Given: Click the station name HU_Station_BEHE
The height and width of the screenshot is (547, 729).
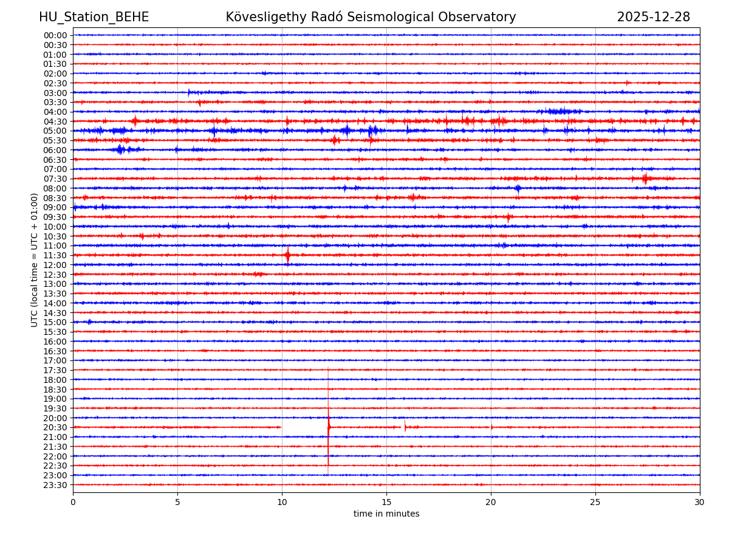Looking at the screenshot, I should coord(94,17).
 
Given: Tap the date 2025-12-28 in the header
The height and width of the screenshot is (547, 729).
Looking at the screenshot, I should coord(653,17).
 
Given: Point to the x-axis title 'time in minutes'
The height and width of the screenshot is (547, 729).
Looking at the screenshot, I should coord(386,514).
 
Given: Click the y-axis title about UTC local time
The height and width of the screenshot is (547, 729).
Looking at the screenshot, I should coord(35,260).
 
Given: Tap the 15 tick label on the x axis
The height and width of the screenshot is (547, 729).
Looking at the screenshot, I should coord(386,503).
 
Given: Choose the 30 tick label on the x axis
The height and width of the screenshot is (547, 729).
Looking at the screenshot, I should coord(700,503).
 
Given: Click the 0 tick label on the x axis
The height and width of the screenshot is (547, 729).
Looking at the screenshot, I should coord(73,503).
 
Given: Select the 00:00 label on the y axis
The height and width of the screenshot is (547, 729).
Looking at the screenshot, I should coord(55,35).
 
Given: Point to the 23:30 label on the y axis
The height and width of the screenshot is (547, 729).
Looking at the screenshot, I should coord(55,485).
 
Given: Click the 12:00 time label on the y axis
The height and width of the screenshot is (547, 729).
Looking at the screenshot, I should coord(55,265).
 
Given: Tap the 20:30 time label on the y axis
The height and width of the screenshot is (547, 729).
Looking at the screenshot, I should coord(55,427).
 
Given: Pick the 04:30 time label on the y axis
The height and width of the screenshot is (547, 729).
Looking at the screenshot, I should coord(55,122).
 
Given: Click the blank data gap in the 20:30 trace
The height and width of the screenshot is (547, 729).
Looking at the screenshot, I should coord(304,427).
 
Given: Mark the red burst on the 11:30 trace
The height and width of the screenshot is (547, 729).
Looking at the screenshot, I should coord(287,255).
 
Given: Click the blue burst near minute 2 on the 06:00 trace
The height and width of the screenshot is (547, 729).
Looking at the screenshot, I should coord(120,150).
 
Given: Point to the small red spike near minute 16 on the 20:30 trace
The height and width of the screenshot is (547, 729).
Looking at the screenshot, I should coord(405,427).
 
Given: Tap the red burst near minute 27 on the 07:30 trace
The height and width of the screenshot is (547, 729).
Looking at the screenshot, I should coord(645,178).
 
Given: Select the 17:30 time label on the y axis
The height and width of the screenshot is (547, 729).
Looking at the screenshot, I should coord(55,370).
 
